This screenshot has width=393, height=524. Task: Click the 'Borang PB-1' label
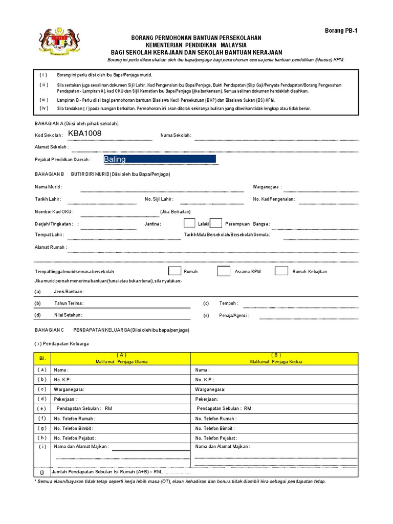click(x=341, y=30)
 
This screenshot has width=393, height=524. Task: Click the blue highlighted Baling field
click(x=159, y=159)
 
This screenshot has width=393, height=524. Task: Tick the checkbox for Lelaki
click(x=189, y=223)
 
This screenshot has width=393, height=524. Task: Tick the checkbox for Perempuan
click(x=216, y=223)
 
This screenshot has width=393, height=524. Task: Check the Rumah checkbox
click(x=174, y=271)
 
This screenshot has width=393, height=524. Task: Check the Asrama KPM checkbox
click(x=224, y=271)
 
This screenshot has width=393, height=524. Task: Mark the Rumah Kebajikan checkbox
click(x=281, y=271)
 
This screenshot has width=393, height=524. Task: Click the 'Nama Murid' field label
click(x=48, y=187)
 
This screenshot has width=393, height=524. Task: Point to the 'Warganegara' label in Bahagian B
click(x=267, y=187)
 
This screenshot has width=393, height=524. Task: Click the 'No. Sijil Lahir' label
click(x=159, y=199)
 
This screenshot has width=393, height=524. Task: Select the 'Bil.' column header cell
click(x=42, y=359)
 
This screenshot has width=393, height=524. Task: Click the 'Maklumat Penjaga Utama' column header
click(x=121, y=359)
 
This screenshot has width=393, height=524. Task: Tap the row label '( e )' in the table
click(x=42, y=408)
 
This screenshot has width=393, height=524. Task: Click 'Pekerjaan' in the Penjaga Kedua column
click(x=207, y=399)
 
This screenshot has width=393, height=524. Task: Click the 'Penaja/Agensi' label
click(x=233, y=316)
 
